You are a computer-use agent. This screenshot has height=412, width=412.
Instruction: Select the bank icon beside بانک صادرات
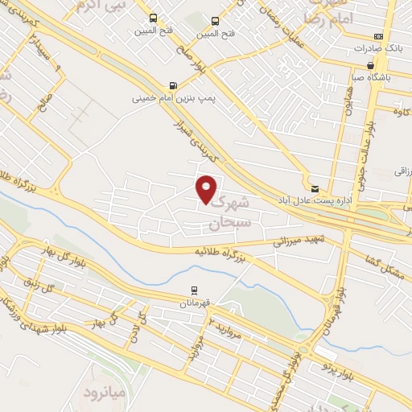pyautogui.click(x=378, y=37)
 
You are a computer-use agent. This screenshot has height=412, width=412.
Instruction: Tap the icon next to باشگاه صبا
pyautogui.click(x=370, y=66)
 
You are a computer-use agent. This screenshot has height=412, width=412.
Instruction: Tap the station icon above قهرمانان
pyautogui.click(x=194, y=290)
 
